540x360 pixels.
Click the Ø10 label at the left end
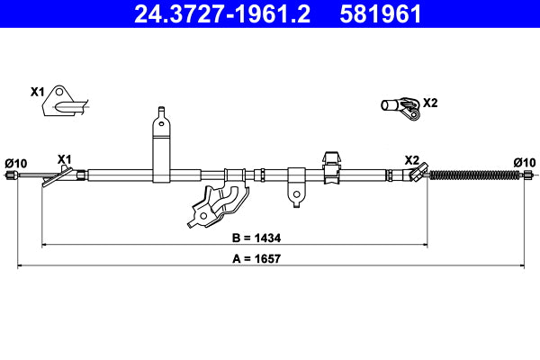pyautogui.click(x=16, y=163)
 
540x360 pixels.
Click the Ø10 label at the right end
pyautogui.click(x=524, y=162)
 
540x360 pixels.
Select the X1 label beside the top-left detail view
pyautogui.click(x=37, y=92)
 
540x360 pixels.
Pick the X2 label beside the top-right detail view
pyautogui.click(x=430, y=103)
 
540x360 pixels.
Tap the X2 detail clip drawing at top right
pyautogui.click(x=400, y=108)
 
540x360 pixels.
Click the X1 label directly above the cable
pyautogui.click(x=64, y=159)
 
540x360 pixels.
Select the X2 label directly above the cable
pyautogui.click(x=412, y=159)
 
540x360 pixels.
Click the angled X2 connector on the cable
pyautogui.click(x=415, y=175)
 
